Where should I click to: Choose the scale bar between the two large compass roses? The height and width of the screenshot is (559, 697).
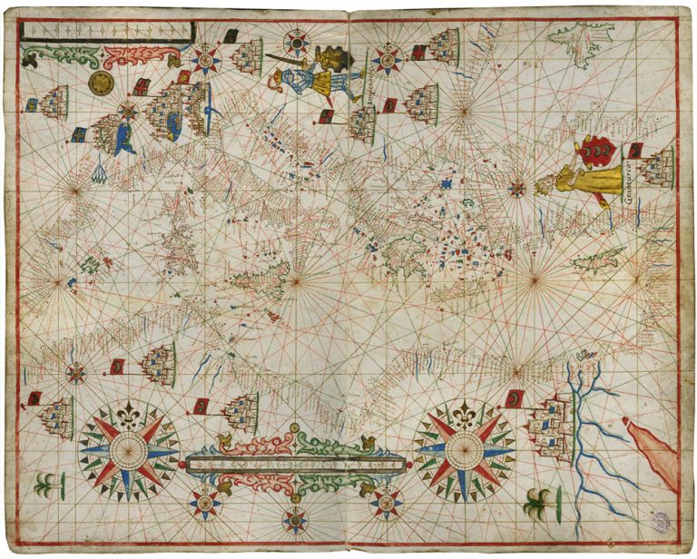(295, 464)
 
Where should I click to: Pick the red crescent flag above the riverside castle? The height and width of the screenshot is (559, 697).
(515, 398)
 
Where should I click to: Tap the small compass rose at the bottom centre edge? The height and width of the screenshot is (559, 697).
(295, 520)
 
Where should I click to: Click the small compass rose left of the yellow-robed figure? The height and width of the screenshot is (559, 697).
(516, 190)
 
